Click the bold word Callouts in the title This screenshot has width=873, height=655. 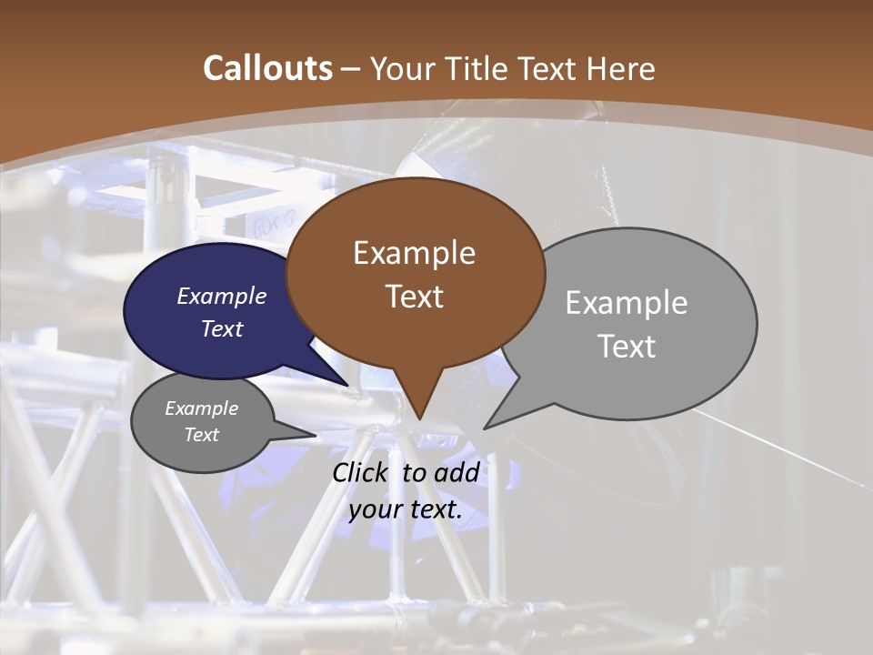[267, 68]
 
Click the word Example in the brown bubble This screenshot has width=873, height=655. [414, 253]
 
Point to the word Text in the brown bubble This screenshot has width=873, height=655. [415, 297]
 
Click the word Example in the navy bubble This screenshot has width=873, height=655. [222, 296]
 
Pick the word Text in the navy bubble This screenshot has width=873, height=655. [222, 328]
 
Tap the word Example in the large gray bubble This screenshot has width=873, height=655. [627, 302]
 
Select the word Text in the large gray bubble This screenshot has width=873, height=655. [627, 346]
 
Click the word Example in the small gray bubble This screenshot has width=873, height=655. [202, 408]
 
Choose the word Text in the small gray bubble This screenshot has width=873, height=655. [202, 435]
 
